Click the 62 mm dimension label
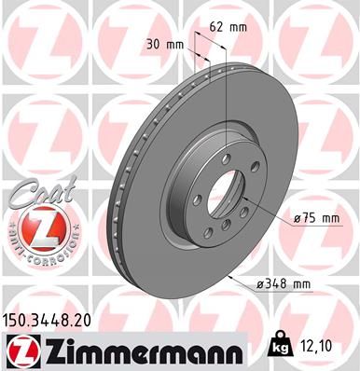coord(228,27)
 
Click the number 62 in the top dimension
coord(217,27)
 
